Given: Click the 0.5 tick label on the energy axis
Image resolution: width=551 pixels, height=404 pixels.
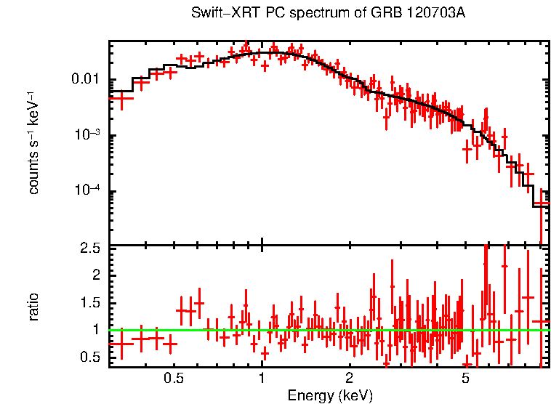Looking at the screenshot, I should [173, 379].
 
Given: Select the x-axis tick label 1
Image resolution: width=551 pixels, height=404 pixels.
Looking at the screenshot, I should [262, 379].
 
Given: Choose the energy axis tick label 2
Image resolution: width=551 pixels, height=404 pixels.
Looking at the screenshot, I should [350, 379].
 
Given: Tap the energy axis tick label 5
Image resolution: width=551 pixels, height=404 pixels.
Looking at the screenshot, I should [466, 379].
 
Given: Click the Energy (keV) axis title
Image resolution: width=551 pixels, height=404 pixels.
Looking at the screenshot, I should [330, 395].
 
